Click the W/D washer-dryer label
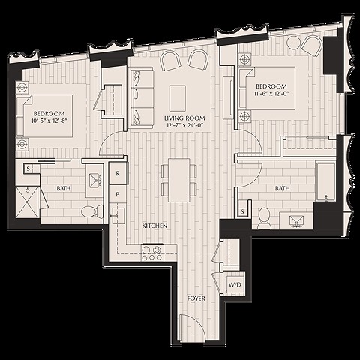click(235, 284)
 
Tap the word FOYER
click(196, 298)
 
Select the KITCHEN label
click(154, 226)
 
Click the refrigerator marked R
click(118, 174)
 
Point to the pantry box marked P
click(118, 194)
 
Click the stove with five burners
click(153, 253)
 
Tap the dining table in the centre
click(178, 180)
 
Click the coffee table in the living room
click(178, 98)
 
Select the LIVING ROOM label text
click(184, 118)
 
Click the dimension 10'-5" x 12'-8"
click(50, 121)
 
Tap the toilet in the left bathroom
click(92, 211)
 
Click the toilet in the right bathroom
click(264, 218)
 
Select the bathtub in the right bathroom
click(325, 181)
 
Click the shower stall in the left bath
click(28, 202)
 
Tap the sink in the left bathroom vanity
click(95, 181)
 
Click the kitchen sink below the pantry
click(118, 216)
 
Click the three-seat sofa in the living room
click(142, 98)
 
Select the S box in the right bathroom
click(242, 212)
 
